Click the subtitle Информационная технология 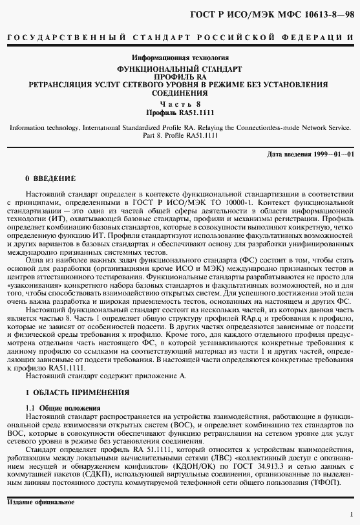click(180, 58)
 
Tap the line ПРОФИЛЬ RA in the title click(180, 76)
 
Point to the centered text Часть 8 click(180, 103)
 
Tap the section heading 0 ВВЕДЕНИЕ click(50, 177)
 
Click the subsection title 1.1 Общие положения click(63, 409)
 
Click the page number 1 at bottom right click(350, 515)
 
